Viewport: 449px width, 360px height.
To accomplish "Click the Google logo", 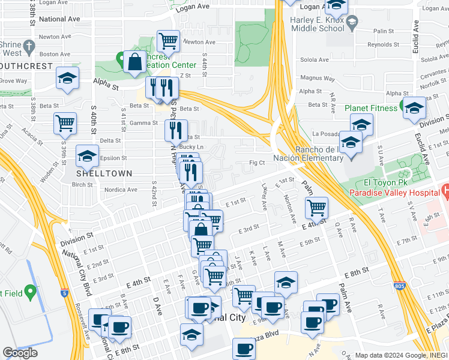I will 20,353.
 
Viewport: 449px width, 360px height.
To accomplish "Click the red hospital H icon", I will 445,191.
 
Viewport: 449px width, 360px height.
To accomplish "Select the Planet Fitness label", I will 370,109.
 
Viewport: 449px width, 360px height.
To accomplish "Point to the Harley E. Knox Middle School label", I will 316,23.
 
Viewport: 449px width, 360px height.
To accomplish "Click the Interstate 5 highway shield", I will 64,293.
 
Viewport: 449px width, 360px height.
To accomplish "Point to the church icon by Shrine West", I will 28,45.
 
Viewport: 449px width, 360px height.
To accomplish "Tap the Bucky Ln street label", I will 192,147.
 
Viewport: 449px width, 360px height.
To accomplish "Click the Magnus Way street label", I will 313,78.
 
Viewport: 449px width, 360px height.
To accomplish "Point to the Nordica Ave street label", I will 121,190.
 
